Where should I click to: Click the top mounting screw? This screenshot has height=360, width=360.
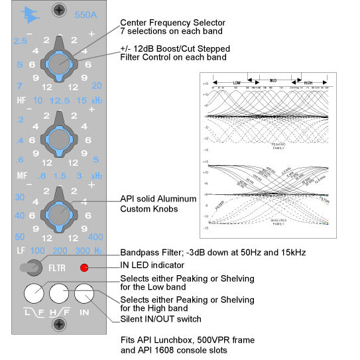click(60, 10)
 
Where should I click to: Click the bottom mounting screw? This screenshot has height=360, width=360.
click(60, 324)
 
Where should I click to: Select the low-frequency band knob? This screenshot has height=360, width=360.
click(59, 213)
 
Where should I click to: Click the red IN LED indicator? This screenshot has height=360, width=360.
click(84, 269)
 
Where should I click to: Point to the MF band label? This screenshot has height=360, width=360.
click(22, 176)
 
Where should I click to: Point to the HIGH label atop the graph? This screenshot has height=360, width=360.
click(307, 83)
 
